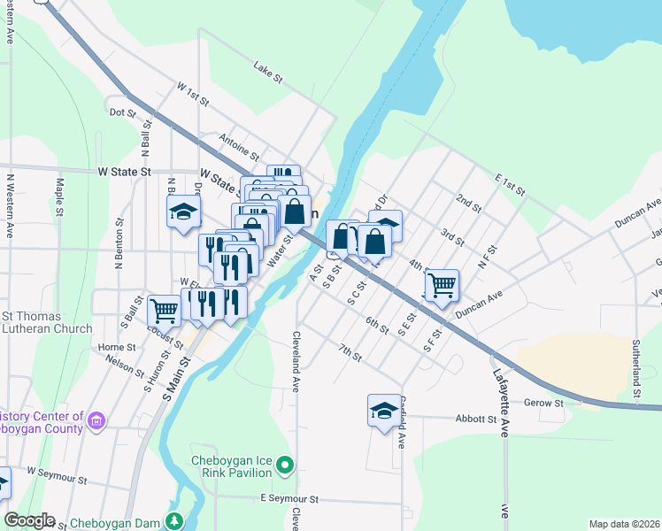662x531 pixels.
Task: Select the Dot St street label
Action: coord(121,113)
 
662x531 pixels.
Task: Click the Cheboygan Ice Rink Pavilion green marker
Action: coord(284,464)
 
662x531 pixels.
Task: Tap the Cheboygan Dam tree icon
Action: coord(176,520)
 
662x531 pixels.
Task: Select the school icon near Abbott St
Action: coord(384,411)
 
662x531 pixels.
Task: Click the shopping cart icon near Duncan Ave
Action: coord(441,285)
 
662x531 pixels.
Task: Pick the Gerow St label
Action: coord(546,404)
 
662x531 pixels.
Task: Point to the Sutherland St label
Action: coord(635,366)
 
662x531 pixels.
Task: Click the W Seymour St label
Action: coord(56,476)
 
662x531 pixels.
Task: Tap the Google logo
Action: coord(29,520)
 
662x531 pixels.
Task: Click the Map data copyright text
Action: coord(623,524)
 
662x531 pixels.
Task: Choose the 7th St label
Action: coord(350,353)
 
